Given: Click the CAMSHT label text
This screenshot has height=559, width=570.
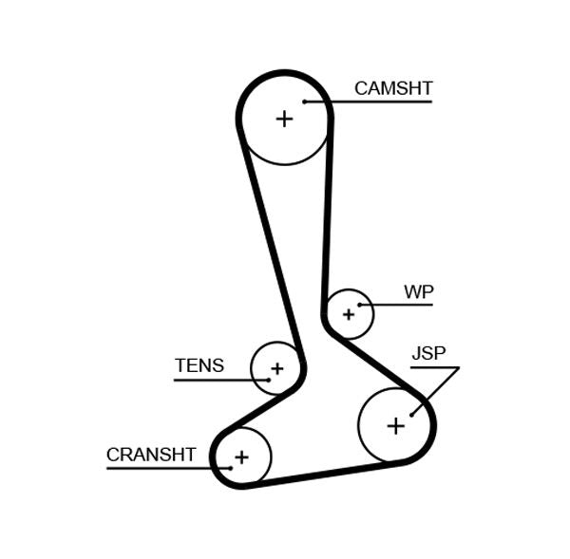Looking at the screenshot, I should pos(392,88).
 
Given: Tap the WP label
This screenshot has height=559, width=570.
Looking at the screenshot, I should pos(418,291).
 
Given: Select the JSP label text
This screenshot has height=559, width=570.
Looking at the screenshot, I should pos(428,354).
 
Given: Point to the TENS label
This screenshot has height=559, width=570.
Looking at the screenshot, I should pos(199,365).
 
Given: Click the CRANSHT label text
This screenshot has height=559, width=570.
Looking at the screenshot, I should pos(151,455).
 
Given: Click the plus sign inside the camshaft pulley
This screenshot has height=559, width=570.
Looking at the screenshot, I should pos(284,119).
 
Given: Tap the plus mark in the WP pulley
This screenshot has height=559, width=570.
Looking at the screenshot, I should pos(349,313).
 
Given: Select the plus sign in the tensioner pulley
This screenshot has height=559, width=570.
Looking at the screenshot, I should pos(276,368).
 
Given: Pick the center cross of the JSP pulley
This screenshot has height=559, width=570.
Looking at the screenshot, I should pos(395,426).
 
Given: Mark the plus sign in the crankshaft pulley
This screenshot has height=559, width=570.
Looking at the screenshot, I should pos(241,457).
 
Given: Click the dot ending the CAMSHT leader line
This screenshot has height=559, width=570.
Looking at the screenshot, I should pos(305,102).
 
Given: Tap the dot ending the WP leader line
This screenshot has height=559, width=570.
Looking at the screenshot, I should pos(360,305).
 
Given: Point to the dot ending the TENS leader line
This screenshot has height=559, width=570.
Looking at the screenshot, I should pos(268,380).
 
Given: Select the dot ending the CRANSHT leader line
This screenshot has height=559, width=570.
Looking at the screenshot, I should pos(229,468).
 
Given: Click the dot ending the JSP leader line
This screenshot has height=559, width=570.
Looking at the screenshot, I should pos(411,413).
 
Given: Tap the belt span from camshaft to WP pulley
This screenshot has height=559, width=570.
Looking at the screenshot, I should pos(329,209).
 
